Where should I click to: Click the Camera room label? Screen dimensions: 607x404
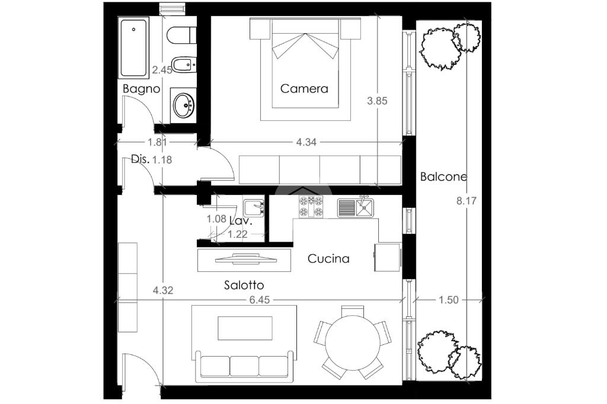[x=304, y=89]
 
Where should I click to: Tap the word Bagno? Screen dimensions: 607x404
[x=141, y=89]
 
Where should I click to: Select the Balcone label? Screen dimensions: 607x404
[x=443, y=177]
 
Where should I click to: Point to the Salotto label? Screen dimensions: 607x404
[x=244, y=285]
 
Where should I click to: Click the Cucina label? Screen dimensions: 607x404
[x=328, y=258]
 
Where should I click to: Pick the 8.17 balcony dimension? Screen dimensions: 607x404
[x=466, y=201]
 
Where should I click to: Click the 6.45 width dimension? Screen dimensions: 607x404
[x=260, y=300]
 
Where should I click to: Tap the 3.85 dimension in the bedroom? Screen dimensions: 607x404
[x=377, y=101]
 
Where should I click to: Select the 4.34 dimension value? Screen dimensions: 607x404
[x=306, y=142]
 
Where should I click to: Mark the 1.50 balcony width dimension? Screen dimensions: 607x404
[x=448, y=300]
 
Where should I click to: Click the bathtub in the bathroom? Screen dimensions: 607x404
[x=133, y=48]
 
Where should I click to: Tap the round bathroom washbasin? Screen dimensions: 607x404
[x=183, y=104]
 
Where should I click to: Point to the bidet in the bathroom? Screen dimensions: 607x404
[x=184, y=65]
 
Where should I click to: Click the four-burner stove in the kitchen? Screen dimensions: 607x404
[x=311, y=207]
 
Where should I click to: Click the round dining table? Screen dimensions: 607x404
[x=353, y=343]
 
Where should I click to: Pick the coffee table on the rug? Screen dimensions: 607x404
[x=245, y=328]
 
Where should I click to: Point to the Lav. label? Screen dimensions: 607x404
[x=241, y=222]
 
